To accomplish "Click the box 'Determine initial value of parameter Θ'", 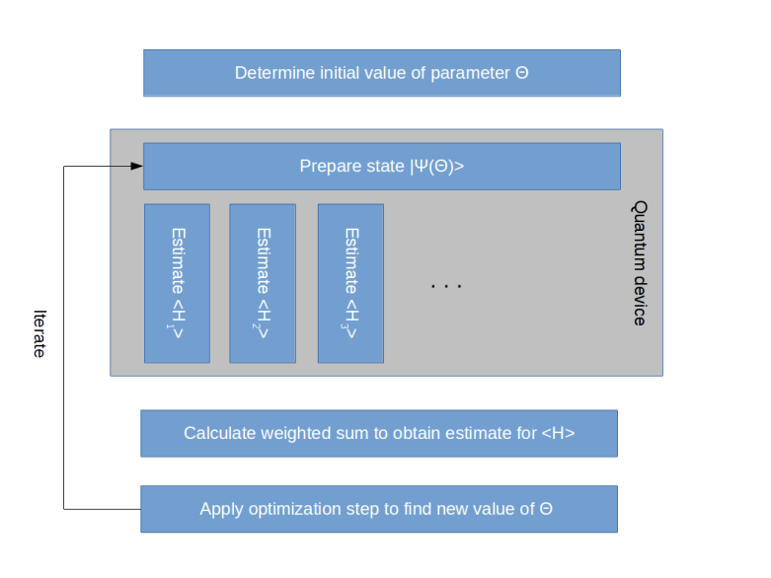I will pyautogui.click(x=381, y=73).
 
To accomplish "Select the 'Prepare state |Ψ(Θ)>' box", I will pyautogui.click(x=381, y=166).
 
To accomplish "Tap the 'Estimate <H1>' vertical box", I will pyautogui.click(x=177, y=283).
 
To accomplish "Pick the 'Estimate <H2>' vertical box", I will pyautogui.click(x=263, y=283).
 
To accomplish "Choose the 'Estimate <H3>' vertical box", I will pyautogui.click(x=350, y=283).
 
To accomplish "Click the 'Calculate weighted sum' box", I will pyautogui.click(x=378, y=433).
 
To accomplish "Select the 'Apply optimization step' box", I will pyautogui.click(x=378, y=509).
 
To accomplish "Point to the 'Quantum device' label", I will pyautogui.click(x=640, y=263).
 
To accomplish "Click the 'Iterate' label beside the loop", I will pyautogui.click(x=40, y=333).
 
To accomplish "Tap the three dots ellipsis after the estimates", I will pyautogui.click(x=446, y=286).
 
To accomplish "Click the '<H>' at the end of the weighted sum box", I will pyautogui.click(x=558, y=433).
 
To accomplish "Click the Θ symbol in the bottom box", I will pyautogui.click(x=546, y=509).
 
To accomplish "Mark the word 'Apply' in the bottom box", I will pyautogui.click(x=221, y=509).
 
